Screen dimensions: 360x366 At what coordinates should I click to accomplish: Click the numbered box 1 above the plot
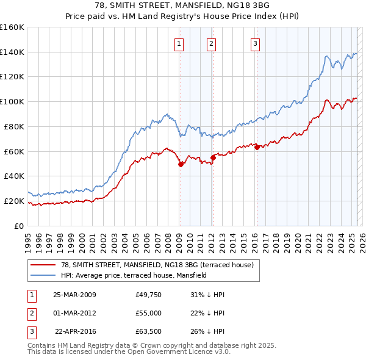click(x=179, y=43)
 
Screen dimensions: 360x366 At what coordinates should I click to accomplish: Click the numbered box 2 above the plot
click(x=211, y=43)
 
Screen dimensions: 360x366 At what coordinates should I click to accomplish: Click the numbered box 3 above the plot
click(x=255, y=43)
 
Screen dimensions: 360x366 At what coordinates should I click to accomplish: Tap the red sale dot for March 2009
click(x=181, y=164)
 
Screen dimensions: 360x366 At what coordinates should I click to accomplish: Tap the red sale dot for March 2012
click(x=213, y=157)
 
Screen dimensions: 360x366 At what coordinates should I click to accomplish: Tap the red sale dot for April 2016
click(x=257, y=147)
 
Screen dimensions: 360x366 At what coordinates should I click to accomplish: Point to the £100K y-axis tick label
click(x=12, y=101)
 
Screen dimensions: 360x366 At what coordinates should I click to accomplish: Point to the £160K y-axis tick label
click(x=12, y=27)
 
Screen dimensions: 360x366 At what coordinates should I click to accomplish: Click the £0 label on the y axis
click(x=19, y=226)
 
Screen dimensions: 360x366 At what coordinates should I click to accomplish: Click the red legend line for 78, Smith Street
click(x=43, y=265)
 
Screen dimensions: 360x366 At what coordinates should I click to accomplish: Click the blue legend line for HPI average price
click(x=43, y=275)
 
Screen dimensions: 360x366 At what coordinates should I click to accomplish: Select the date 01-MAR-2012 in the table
click(x=74, y=313)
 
